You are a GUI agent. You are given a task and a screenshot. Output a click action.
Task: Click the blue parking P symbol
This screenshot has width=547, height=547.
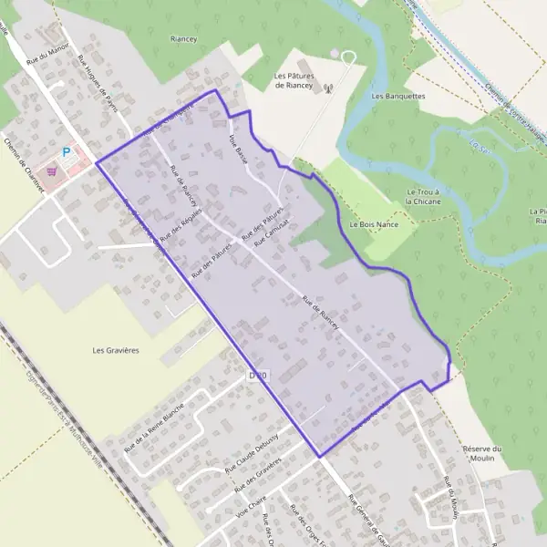pos(66,153)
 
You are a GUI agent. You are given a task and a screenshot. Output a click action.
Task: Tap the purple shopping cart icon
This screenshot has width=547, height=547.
pos(52,170)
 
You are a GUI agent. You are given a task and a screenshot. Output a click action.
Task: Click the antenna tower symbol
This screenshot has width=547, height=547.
pos(328,89)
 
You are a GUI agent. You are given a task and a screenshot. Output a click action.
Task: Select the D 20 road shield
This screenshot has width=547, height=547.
pos(259,376)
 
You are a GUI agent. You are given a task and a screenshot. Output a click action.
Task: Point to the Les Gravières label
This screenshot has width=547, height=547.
pos(116,349)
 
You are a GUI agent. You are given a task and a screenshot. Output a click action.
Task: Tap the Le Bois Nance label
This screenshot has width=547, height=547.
pos(368,223)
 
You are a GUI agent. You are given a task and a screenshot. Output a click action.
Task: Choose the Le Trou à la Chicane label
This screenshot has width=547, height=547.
pos(423,197)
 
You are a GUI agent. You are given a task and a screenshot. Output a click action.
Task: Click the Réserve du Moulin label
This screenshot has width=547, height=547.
pos(483,453)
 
